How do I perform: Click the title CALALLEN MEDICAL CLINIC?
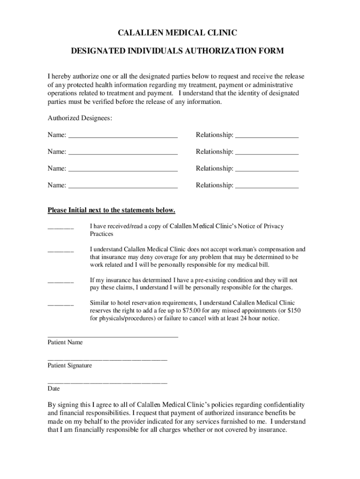177,33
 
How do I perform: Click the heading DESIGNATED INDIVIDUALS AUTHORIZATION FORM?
177,51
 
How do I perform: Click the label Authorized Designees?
80,118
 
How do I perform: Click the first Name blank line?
123,137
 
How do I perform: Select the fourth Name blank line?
123,187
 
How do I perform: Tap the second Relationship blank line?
266,153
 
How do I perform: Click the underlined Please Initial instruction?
111,210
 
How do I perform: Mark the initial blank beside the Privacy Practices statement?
61,227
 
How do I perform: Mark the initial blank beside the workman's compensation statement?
61,251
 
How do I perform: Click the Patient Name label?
65,342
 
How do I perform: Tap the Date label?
54,389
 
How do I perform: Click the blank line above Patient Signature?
107,359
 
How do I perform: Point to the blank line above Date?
107,383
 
